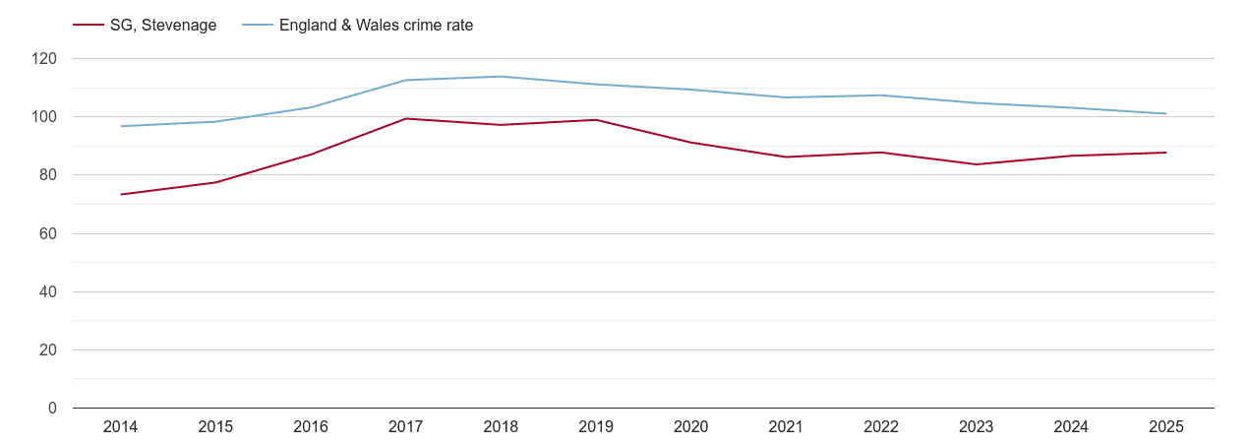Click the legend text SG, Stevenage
[x=163, y=26]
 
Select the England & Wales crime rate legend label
[x=376, y=26]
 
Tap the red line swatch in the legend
[x=89, y=26]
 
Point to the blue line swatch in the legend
[x=257, y=26]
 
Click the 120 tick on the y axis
[x=44, y=59]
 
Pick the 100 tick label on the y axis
[x=44, y=117]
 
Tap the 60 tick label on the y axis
[x=48, y=233]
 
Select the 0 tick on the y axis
[x=52, y=409]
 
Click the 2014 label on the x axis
[x=120, y=427]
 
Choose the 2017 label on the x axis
[x=405, y=427]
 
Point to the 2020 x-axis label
[x=690, y=427]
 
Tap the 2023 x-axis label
[x=976, y=427]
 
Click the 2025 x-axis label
[x=1165, y=427]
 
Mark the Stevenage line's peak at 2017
[x=405, y=119]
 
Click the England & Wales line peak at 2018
[x=501, y=77]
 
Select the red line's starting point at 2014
[x=121, y=194]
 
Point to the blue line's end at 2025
[x=1165, y=113]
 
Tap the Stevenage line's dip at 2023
[x=976, y=164]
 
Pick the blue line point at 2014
[x=121, y=126]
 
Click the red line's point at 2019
[x=596, y=120]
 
